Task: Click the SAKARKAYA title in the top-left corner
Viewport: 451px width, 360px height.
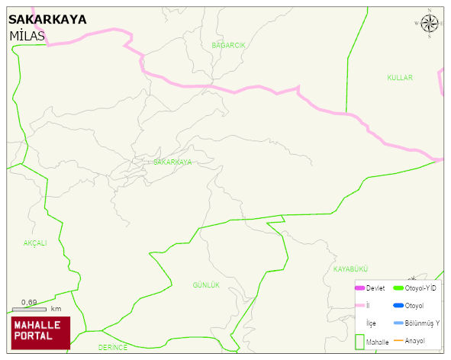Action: click(47, 20)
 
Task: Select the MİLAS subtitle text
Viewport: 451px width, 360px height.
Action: click(27, 37)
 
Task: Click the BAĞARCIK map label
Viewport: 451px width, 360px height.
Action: click(228, 46)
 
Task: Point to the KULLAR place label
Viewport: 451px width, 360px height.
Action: click(399, 79)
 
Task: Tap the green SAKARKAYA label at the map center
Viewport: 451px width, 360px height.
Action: click(172, 162)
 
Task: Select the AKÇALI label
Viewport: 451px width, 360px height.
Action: click(35, 243)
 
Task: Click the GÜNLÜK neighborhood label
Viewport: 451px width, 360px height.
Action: click(205, 285)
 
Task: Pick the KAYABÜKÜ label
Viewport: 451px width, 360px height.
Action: click(350, 270)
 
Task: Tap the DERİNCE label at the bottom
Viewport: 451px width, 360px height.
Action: click(113, 347)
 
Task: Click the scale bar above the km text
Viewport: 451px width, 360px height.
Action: click(30, 310)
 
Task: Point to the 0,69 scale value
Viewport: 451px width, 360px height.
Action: click(29, 302)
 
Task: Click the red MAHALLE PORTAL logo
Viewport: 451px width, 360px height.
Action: click(40, 332)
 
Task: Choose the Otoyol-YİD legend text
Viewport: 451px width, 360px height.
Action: click(420, 288)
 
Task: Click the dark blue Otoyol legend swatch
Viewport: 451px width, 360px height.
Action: click(398, 306)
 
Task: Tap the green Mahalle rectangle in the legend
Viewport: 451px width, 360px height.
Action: click(359, 341)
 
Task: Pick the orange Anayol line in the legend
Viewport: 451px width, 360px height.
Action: click(398, 340)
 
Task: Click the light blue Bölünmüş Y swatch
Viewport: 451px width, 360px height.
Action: click(398, 323)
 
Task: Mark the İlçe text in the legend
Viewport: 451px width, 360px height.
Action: click(371, 323)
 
